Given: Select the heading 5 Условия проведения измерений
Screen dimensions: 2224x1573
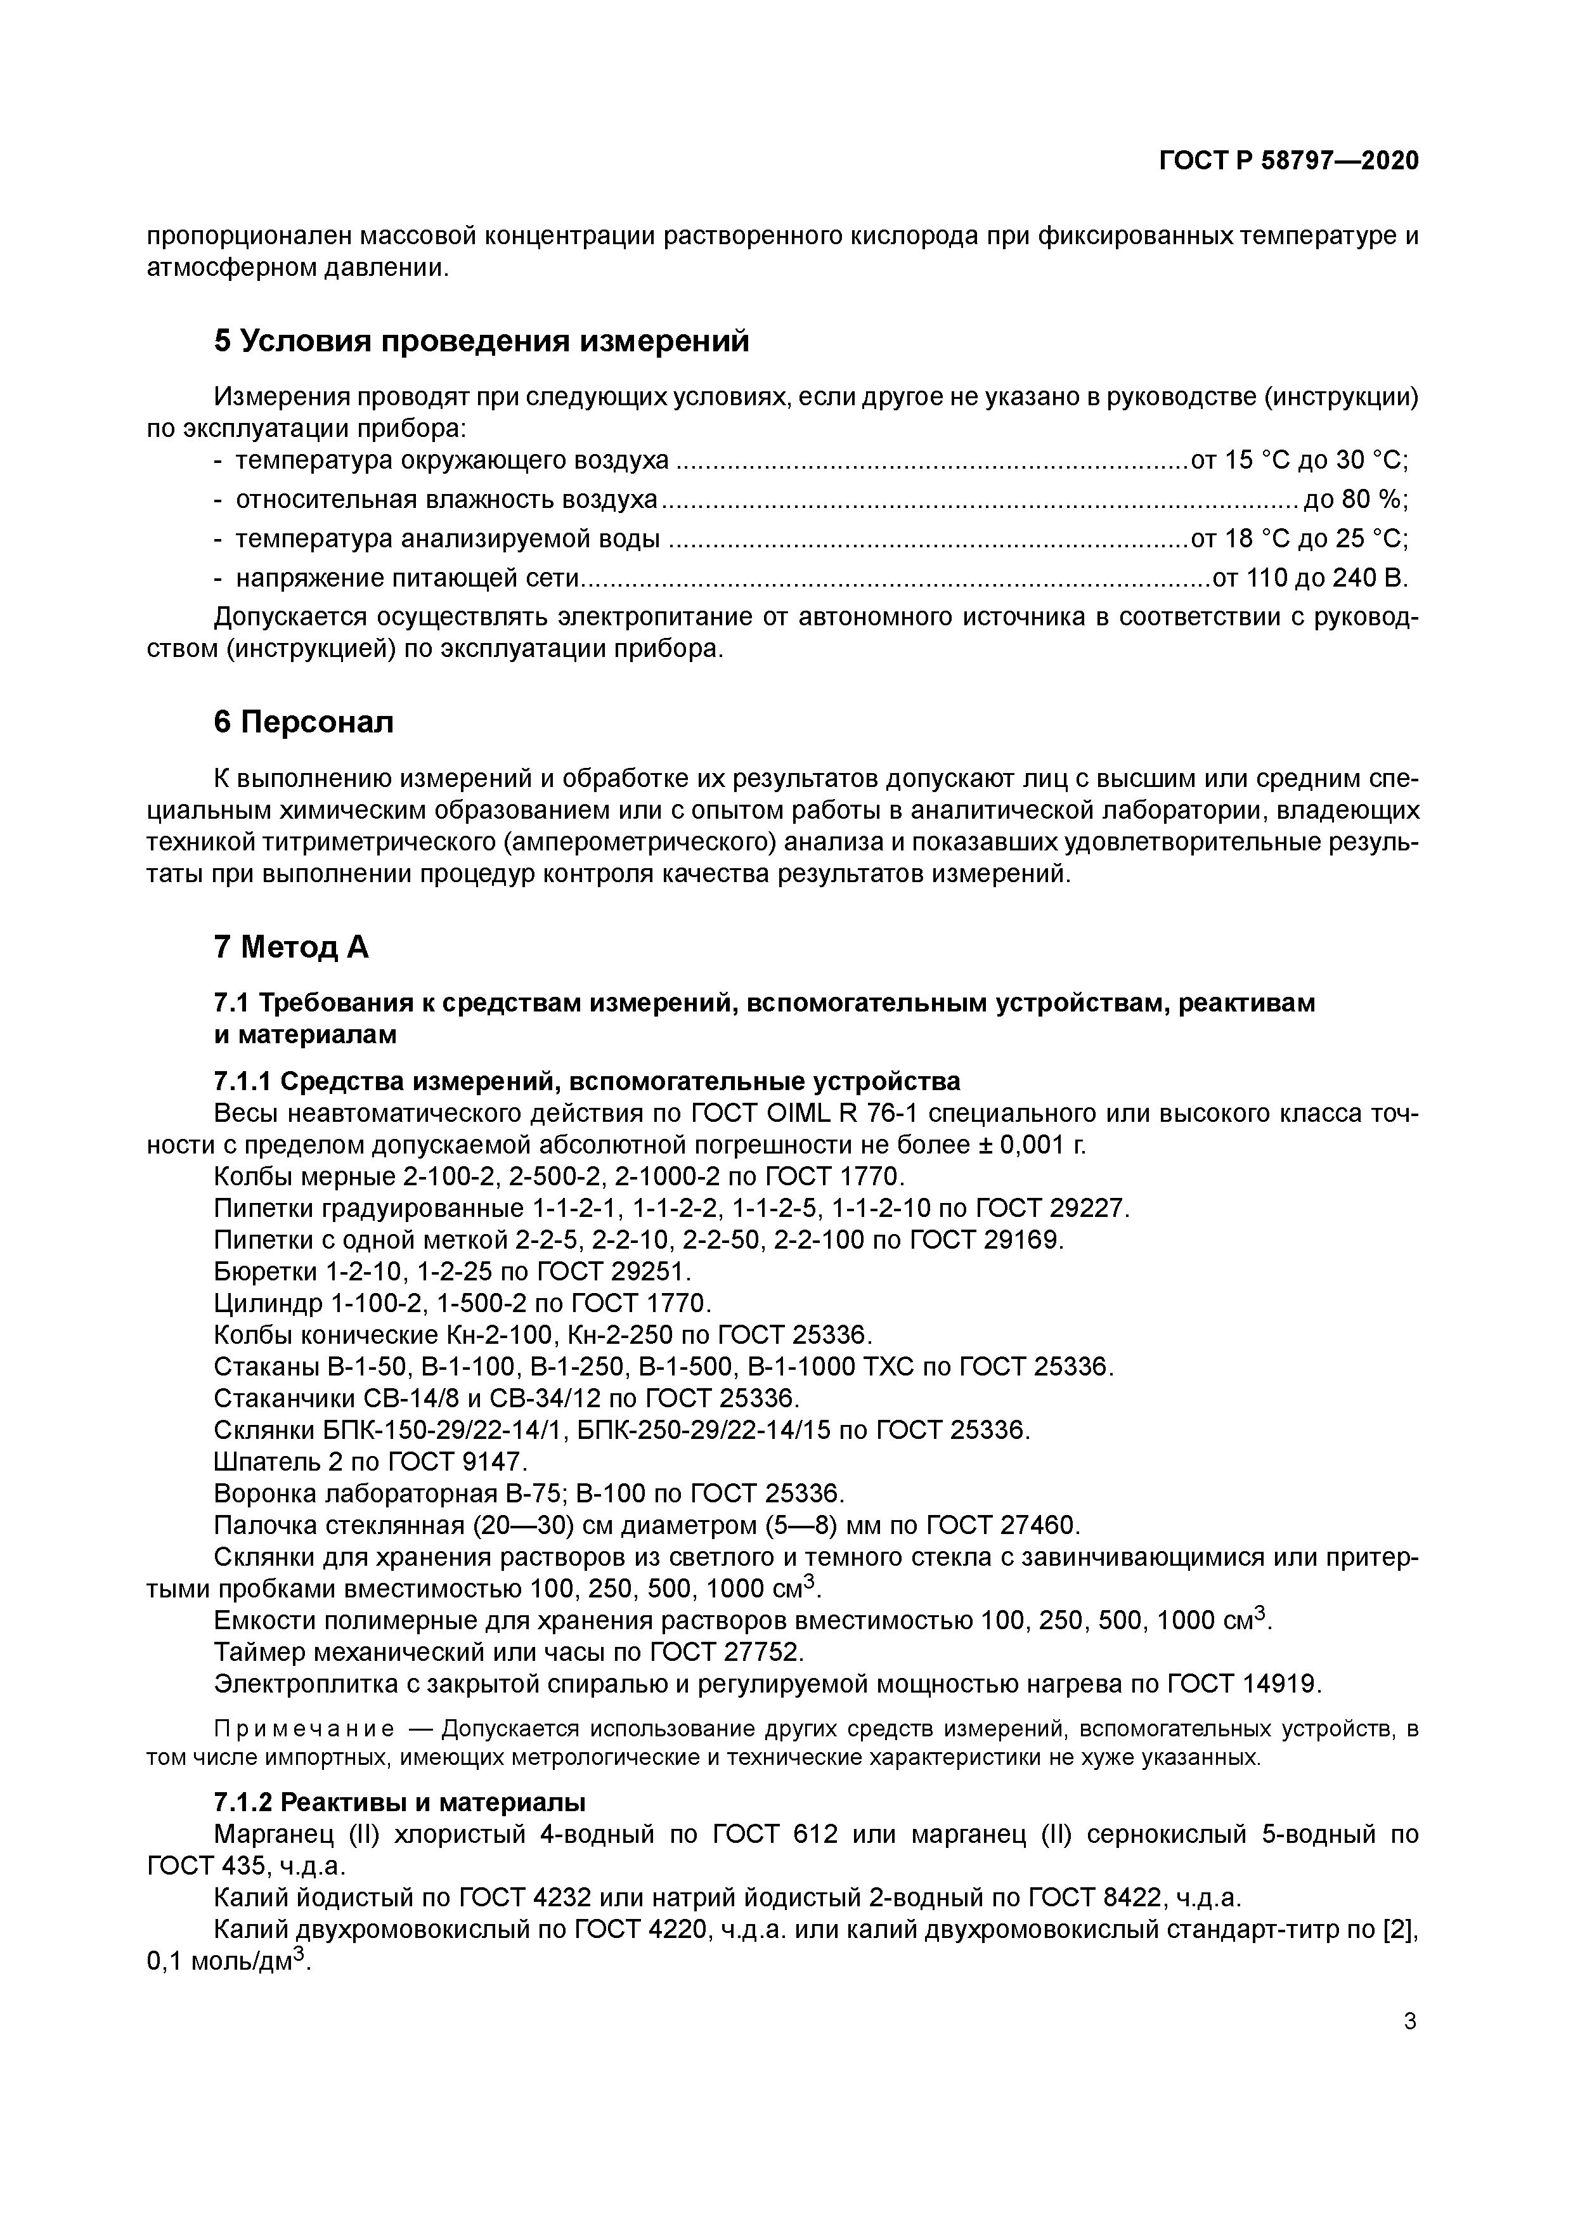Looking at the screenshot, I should pos(481,341).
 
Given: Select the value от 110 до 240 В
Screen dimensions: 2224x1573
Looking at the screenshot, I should pos(1309,578).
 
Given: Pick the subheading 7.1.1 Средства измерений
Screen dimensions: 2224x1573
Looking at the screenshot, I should pos(586,1081).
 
